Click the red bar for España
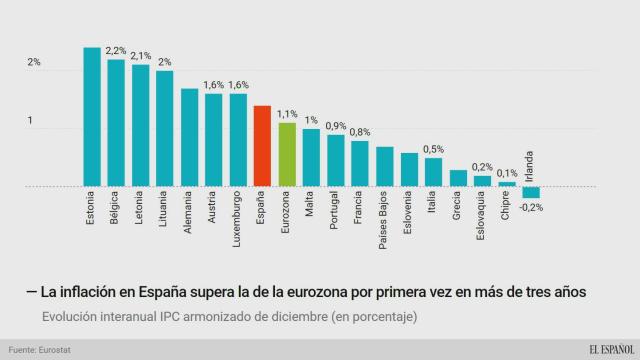262,146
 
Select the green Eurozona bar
287,155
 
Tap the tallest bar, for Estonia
92,117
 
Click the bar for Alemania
189,137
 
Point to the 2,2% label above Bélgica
116,50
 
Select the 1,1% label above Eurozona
288,114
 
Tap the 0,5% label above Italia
434,149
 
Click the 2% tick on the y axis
34,63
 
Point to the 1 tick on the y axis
31,122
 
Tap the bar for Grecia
458,178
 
